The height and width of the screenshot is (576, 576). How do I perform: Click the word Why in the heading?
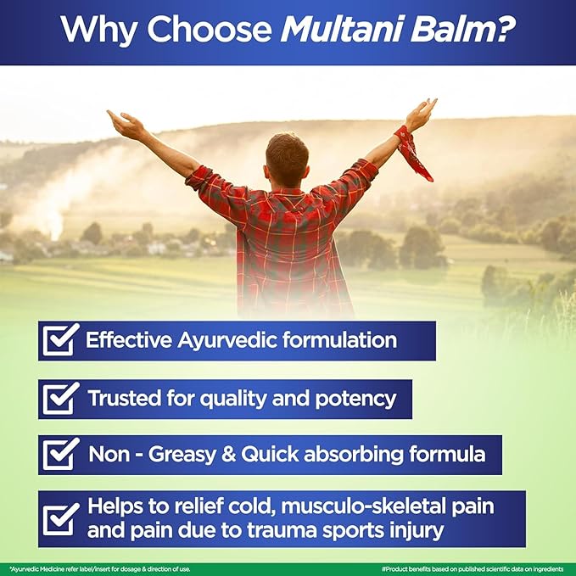click(98, 31)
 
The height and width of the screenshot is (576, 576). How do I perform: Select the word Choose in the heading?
click(210, 30)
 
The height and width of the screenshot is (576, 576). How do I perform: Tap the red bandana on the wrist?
click(413, 153)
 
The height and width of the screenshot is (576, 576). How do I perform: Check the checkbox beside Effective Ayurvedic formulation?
click(60, 340)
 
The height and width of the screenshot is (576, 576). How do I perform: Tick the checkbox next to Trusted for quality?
click(60, 398)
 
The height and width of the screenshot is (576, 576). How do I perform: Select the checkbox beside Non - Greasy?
click(60, 454)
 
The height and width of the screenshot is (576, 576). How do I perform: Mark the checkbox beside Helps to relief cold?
click(60, 518)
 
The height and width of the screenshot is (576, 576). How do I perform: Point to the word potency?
click(355, 400)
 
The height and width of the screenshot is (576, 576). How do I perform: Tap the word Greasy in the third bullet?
click(182, 456)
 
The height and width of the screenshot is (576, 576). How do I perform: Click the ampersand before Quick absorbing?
click(228, 455)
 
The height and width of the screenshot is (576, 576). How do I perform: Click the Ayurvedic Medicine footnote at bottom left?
click(100, 569)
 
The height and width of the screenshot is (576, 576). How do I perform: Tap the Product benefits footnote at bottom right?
click(473, 569)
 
